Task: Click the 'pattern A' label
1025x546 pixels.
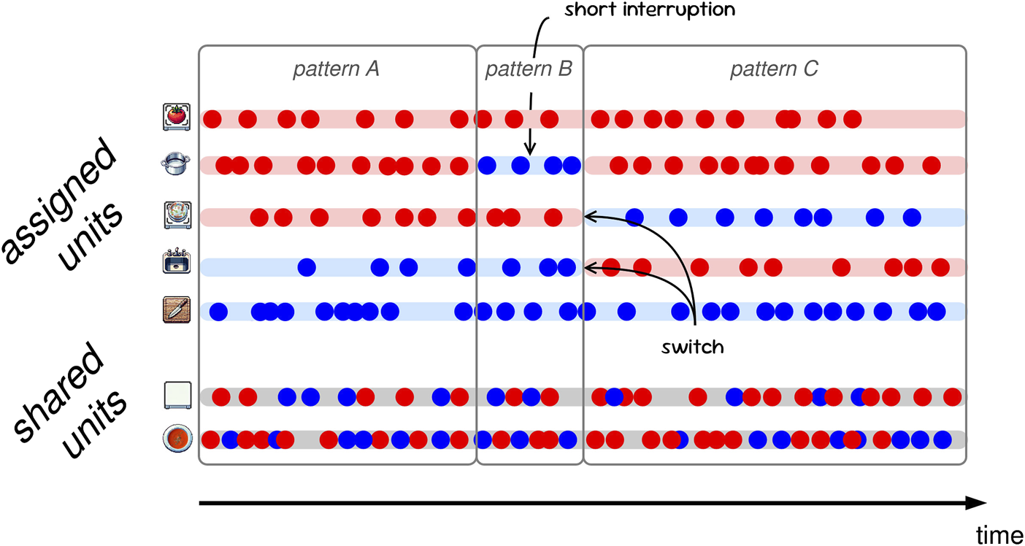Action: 336,70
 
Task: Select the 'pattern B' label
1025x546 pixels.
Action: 529,70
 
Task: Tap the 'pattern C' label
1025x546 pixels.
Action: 774,70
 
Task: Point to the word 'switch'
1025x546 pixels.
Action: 692,347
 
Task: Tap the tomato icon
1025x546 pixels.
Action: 177,118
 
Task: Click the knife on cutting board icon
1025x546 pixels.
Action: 177,310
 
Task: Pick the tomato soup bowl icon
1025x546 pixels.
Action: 177,439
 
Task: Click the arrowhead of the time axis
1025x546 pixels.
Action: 978,503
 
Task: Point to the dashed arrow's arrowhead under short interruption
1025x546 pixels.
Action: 530,150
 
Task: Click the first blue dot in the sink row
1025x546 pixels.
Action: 307,267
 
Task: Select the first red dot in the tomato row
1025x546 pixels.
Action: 212,119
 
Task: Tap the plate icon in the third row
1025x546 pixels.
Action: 177,215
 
